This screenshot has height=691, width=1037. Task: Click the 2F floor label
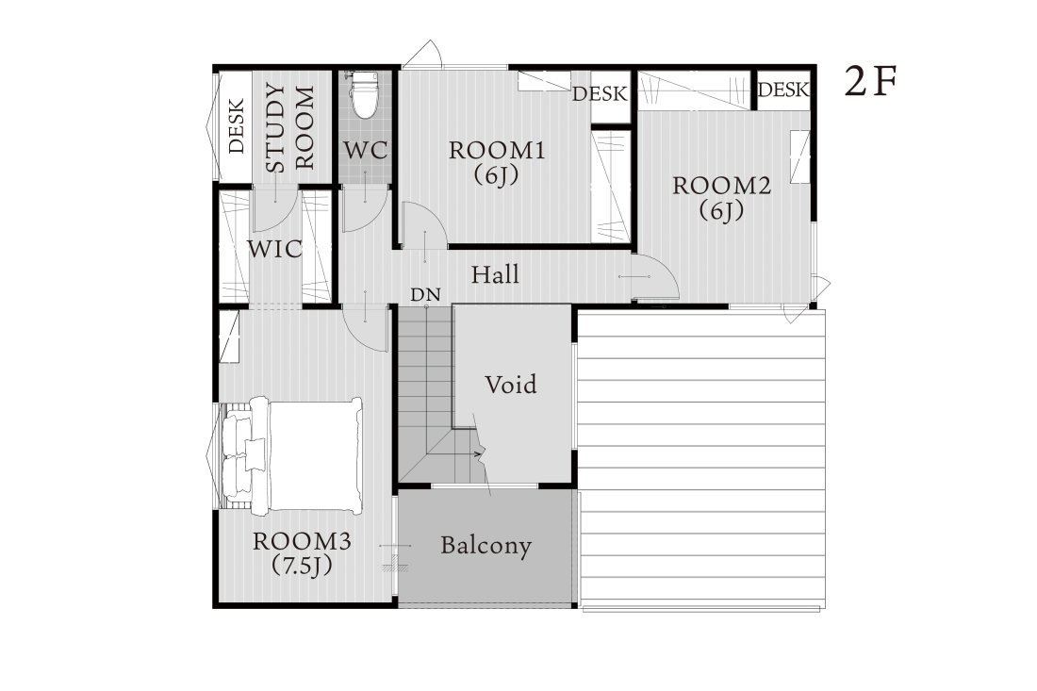pyautogui.click(x=870, y=82)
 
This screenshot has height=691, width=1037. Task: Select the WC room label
pyautogui.click(x=365, y=150)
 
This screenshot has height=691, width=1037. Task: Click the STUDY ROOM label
pyautogui.click(x=289, y=127)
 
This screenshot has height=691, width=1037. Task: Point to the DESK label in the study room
pyautogui.click(x=237, y=125)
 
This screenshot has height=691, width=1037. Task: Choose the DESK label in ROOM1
pyautogui.click(x=600, y=94)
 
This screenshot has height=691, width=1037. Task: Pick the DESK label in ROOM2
pyautogui.click(x=783, y=90)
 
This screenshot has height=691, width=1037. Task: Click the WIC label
pyautogui.click(x=274, y=249)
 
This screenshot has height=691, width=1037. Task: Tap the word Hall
pyautogui.click(x=495, y=274)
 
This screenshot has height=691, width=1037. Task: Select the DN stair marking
pyautogui.click(x=425, y=295)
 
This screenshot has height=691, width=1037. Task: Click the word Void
pyautogui.click(x=511, y=385)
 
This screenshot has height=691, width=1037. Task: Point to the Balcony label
pyautogui.click(x=486, y=546)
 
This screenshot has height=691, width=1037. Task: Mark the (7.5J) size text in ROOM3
pyautogui.click(x=302, y=566)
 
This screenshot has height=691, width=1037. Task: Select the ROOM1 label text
pyautogui.click(x=497, y=151)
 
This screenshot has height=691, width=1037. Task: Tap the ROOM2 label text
pyautogui.click(x=721, y=186)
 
